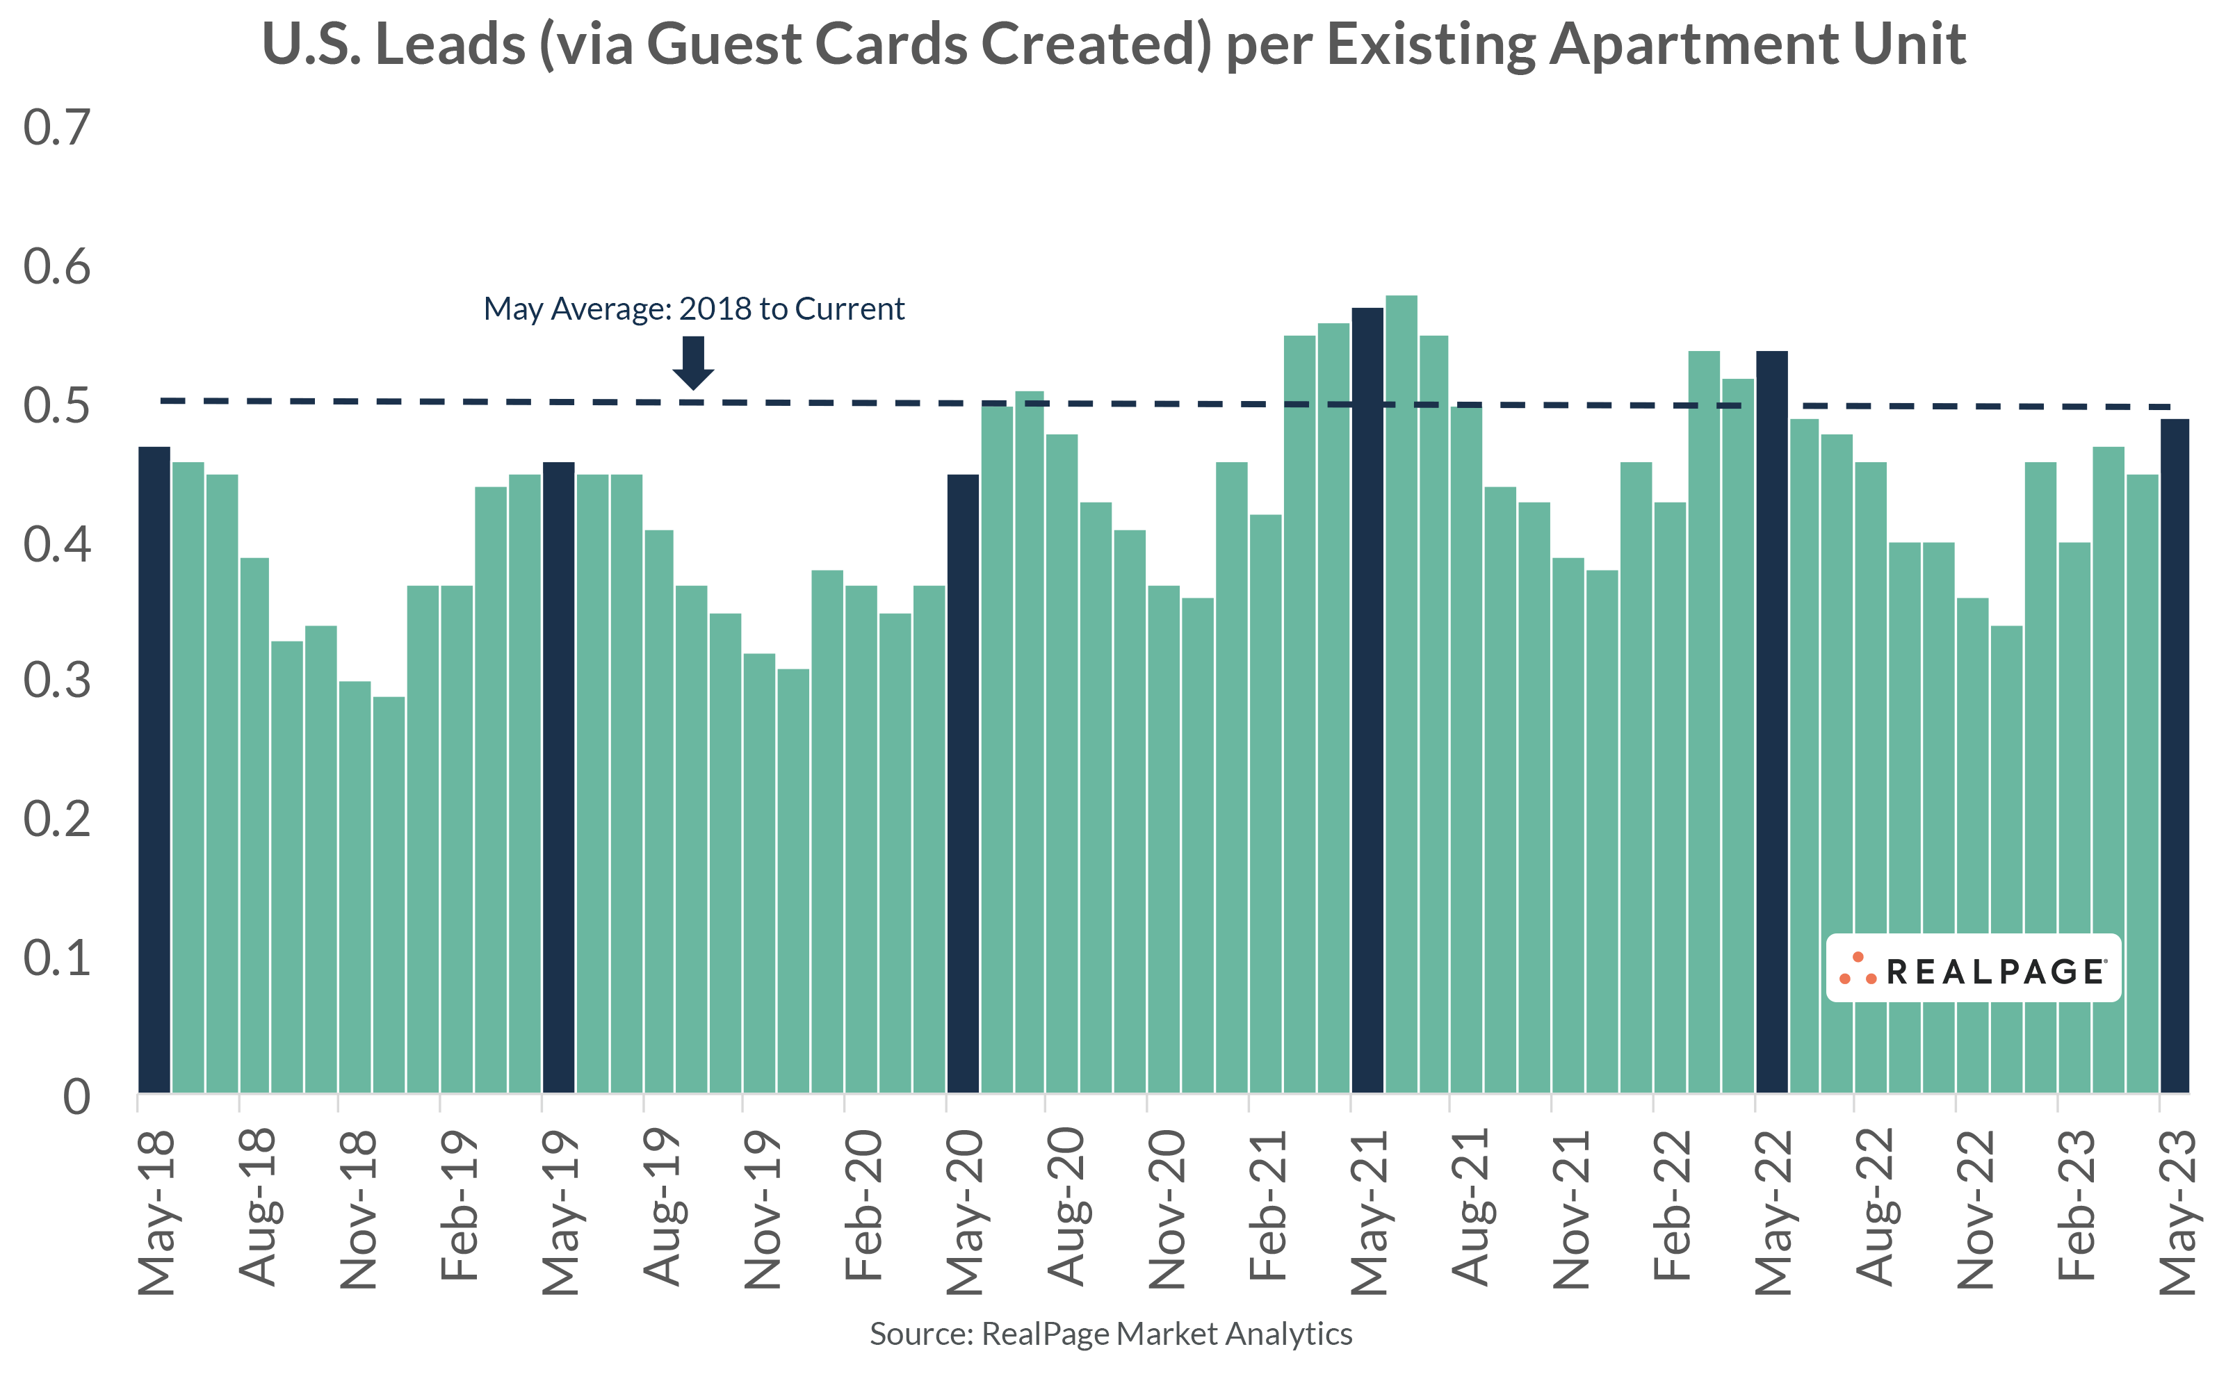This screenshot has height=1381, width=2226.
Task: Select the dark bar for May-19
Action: pos(558,776)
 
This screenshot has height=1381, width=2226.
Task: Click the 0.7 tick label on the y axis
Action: pos(56,127)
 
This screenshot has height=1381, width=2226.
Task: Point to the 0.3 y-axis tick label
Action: pos(56,680)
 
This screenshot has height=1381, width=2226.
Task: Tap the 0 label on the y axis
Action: pos(76,1096)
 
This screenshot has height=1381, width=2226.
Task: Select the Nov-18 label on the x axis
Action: pos(357,1209)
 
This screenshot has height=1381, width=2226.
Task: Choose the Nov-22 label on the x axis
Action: pos(1975,1209)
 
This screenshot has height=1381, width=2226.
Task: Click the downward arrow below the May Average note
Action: pos(693,361)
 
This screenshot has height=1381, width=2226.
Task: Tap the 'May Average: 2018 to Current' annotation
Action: pos(693,309)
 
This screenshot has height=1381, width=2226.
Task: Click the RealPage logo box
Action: pos(1973,968)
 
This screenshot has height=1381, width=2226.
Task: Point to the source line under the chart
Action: pos(1111,1334)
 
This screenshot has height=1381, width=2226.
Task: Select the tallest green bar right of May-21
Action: pos(1402,694)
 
